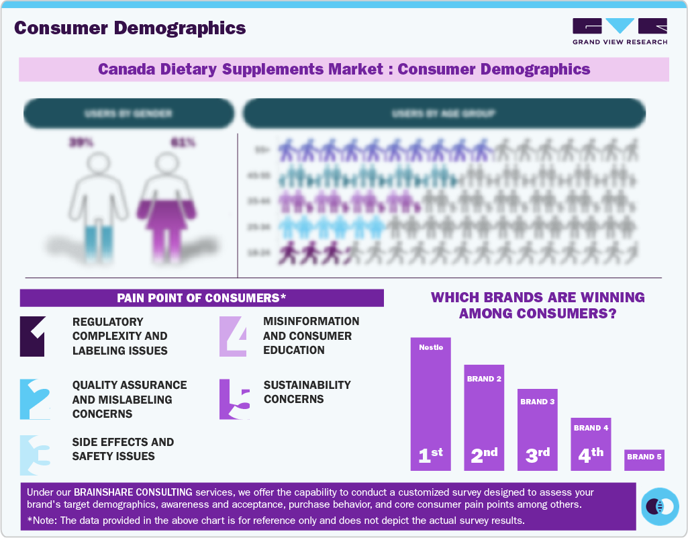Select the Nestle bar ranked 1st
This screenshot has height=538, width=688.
(x=430, y=403)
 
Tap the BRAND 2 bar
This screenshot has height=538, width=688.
(x=484, y=417)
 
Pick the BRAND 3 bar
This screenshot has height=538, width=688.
(x=537, y=429)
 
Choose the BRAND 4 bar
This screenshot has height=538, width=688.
(x=591, y=443)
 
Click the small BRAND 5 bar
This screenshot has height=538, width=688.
(x=644, y=459)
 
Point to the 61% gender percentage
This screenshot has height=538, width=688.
(x=182, y=142)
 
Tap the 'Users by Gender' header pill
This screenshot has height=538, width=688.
(x=128, y=114)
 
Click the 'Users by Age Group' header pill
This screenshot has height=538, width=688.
(x=444, y=114)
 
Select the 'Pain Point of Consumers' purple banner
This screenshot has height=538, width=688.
(x=201, y=298)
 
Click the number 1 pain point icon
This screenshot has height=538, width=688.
(x=32, y=336)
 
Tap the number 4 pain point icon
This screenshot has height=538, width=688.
(x=234, y=336)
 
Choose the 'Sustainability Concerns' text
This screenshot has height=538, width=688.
(x=307, y=392)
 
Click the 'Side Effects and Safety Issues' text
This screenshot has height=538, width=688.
(x=123, y=449)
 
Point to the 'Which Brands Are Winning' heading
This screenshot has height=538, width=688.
(x=537, y=305)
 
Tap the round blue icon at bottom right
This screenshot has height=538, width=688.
(x=660, y=506)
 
